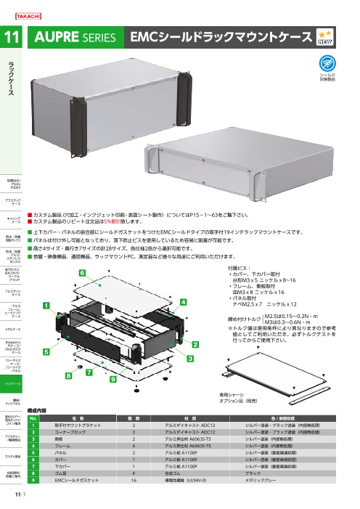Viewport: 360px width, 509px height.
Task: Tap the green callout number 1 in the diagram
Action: [45, 327]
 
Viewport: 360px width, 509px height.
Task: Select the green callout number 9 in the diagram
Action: [114, 378]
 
